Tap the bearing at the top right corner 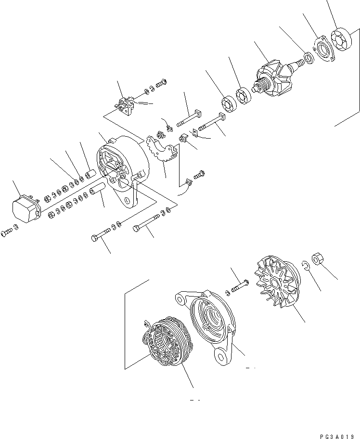[x=343, y=39]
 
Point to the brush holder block [x=126, y=106]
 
